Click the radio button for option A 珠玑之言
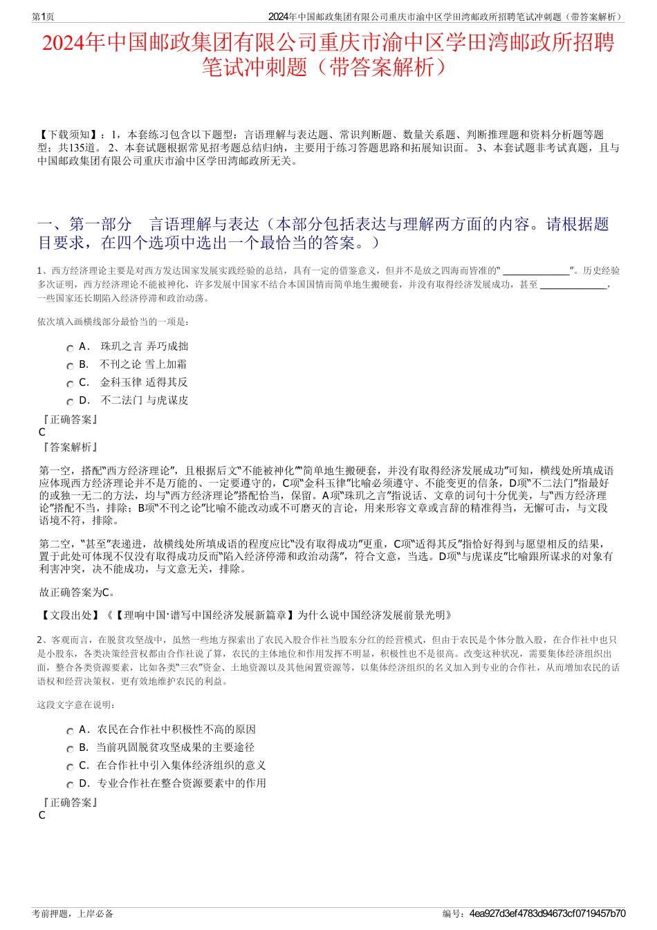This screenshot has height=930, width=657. tap(70, 348)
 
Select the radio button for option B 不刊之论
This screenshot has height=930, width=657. tap(70, 366)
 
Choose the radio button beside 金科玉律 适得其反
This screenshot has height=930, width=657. tap(70, 384)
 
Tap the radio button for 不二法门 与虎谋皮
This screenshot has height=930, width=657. tap(70, 402)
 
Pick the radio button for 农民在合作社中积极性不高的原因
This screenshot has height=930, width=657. tap(70, 732)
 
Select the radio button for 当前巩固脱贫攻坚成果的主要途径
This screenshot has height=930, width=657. tap(70, 750)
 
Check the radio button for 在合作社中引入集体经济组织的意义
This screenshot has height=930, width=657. tap(70, 768)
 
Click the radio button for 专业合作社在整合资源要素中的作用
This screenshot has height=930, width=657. tap(70, 785)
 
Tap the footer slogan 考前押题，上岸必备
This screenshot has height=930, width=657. tap(73, 913)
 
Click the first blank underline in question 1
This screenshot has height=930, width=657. tap(536, 272)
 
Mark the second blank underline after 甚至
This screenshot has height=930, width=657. tap(573, 285)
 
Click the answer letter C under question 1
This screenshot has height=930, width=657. tap(42, 432)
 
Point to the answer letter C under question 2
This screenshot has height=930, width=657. tap(42, 815)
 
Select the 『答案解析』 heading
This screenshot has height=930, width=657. tap(69, 447)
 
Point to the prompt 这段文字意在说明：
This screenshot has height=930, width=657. tap(76, 705)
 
